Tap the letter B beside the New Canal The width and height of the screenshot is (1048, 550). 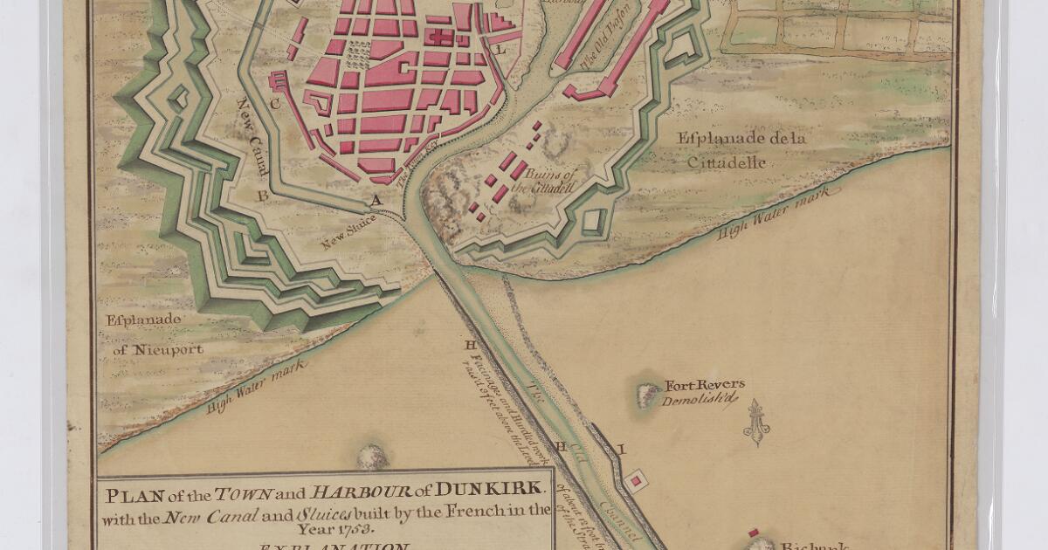pos(262,196)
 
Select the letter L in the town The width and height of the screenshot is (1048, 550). pos(500,50)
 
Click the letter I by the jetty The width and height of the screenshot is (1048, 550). pos(622,450)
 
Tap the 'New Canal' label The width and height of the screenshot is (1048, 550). pos(251,143)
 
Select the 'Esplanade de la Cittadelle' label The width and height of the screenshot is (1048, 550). pos(741,150)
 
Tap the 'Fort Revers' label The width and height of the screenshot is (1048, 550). pos(705,385)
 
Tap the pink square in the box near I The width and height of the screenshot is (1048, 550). pos(638,479)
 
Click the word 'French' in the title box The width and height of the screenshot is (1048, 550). pos(485,510)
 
